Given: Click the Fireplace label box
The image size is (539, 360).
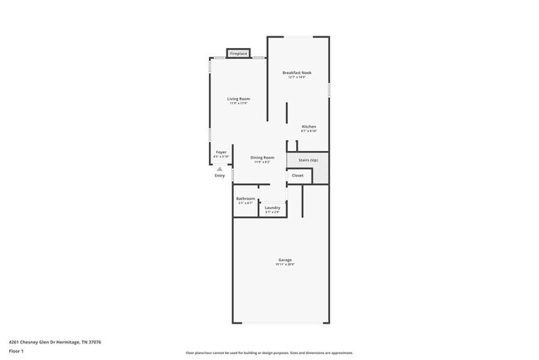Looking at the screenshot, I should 239,53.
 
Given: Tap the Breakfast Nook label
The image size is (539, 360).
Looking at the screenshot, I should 297,73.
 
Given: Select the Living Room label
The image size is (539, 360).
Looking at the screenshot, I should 239,99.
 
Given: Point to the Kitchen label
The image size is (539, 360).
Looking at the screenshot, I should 308,126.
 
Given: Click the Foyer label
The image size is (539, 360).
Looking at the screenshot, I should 221,153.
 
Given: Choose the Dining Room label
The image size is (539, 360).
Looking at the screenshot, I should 261,158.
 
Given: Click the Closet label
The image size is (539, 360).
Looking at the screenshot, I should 298,175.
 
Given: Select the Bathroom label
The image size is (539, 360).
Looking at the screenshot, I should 245,198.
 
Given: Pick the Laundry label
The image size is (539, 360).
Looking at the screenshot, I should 273,207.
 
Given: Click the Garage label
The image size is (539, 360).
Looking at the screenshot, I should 284,260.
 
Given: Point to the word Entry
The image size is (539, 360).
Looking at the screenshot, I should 220,175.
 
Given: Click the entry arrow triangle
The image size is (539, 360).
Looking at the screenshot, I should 220,168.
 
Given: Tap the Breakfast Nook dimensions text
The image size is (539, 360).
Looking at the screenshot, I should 297,78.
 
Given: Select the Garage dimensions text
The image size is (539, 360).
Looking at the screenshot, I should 284,265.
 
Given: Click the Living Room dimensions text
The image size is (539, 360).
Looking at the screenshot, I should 239,104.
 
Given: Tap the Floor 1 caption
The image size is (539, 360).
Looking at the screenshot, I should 17,349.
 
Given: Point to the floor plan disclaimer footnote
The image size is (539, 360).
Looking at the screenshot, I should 269,353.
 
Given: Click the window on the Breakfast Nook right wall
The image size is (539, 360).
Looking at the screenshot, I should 329,90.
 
